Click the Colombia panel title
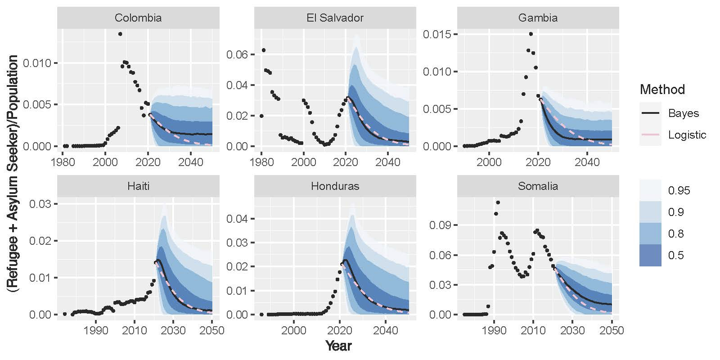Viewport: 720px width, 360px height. coord(138,18)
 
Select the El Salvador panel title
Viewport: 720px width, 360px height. coord(332,18)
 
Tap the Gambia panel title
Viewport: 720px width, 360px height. coord(538,18)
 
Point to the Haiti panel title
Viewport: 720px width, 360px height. coord(138,186)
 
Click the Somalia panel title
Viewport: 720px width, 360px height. coord(538,186)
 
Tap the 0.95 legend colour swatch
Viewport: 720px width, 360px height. coord(650,190)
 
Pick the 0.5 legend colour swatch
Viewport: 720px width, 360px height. coord(650,255)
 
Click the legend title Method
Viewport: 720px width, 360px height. coord(662,90)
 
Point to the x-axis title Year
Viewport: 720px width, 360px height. coord(338,346)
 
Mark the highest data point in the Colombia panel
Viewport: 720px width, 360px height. coord(120,34)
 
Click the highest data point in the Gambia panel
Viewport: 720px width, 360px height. coord(531,34)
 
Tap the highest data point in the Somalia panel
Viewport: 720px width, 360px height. coord(498,202)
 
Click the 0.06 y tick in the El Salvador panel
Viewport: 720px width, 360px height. coord(239,54)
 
